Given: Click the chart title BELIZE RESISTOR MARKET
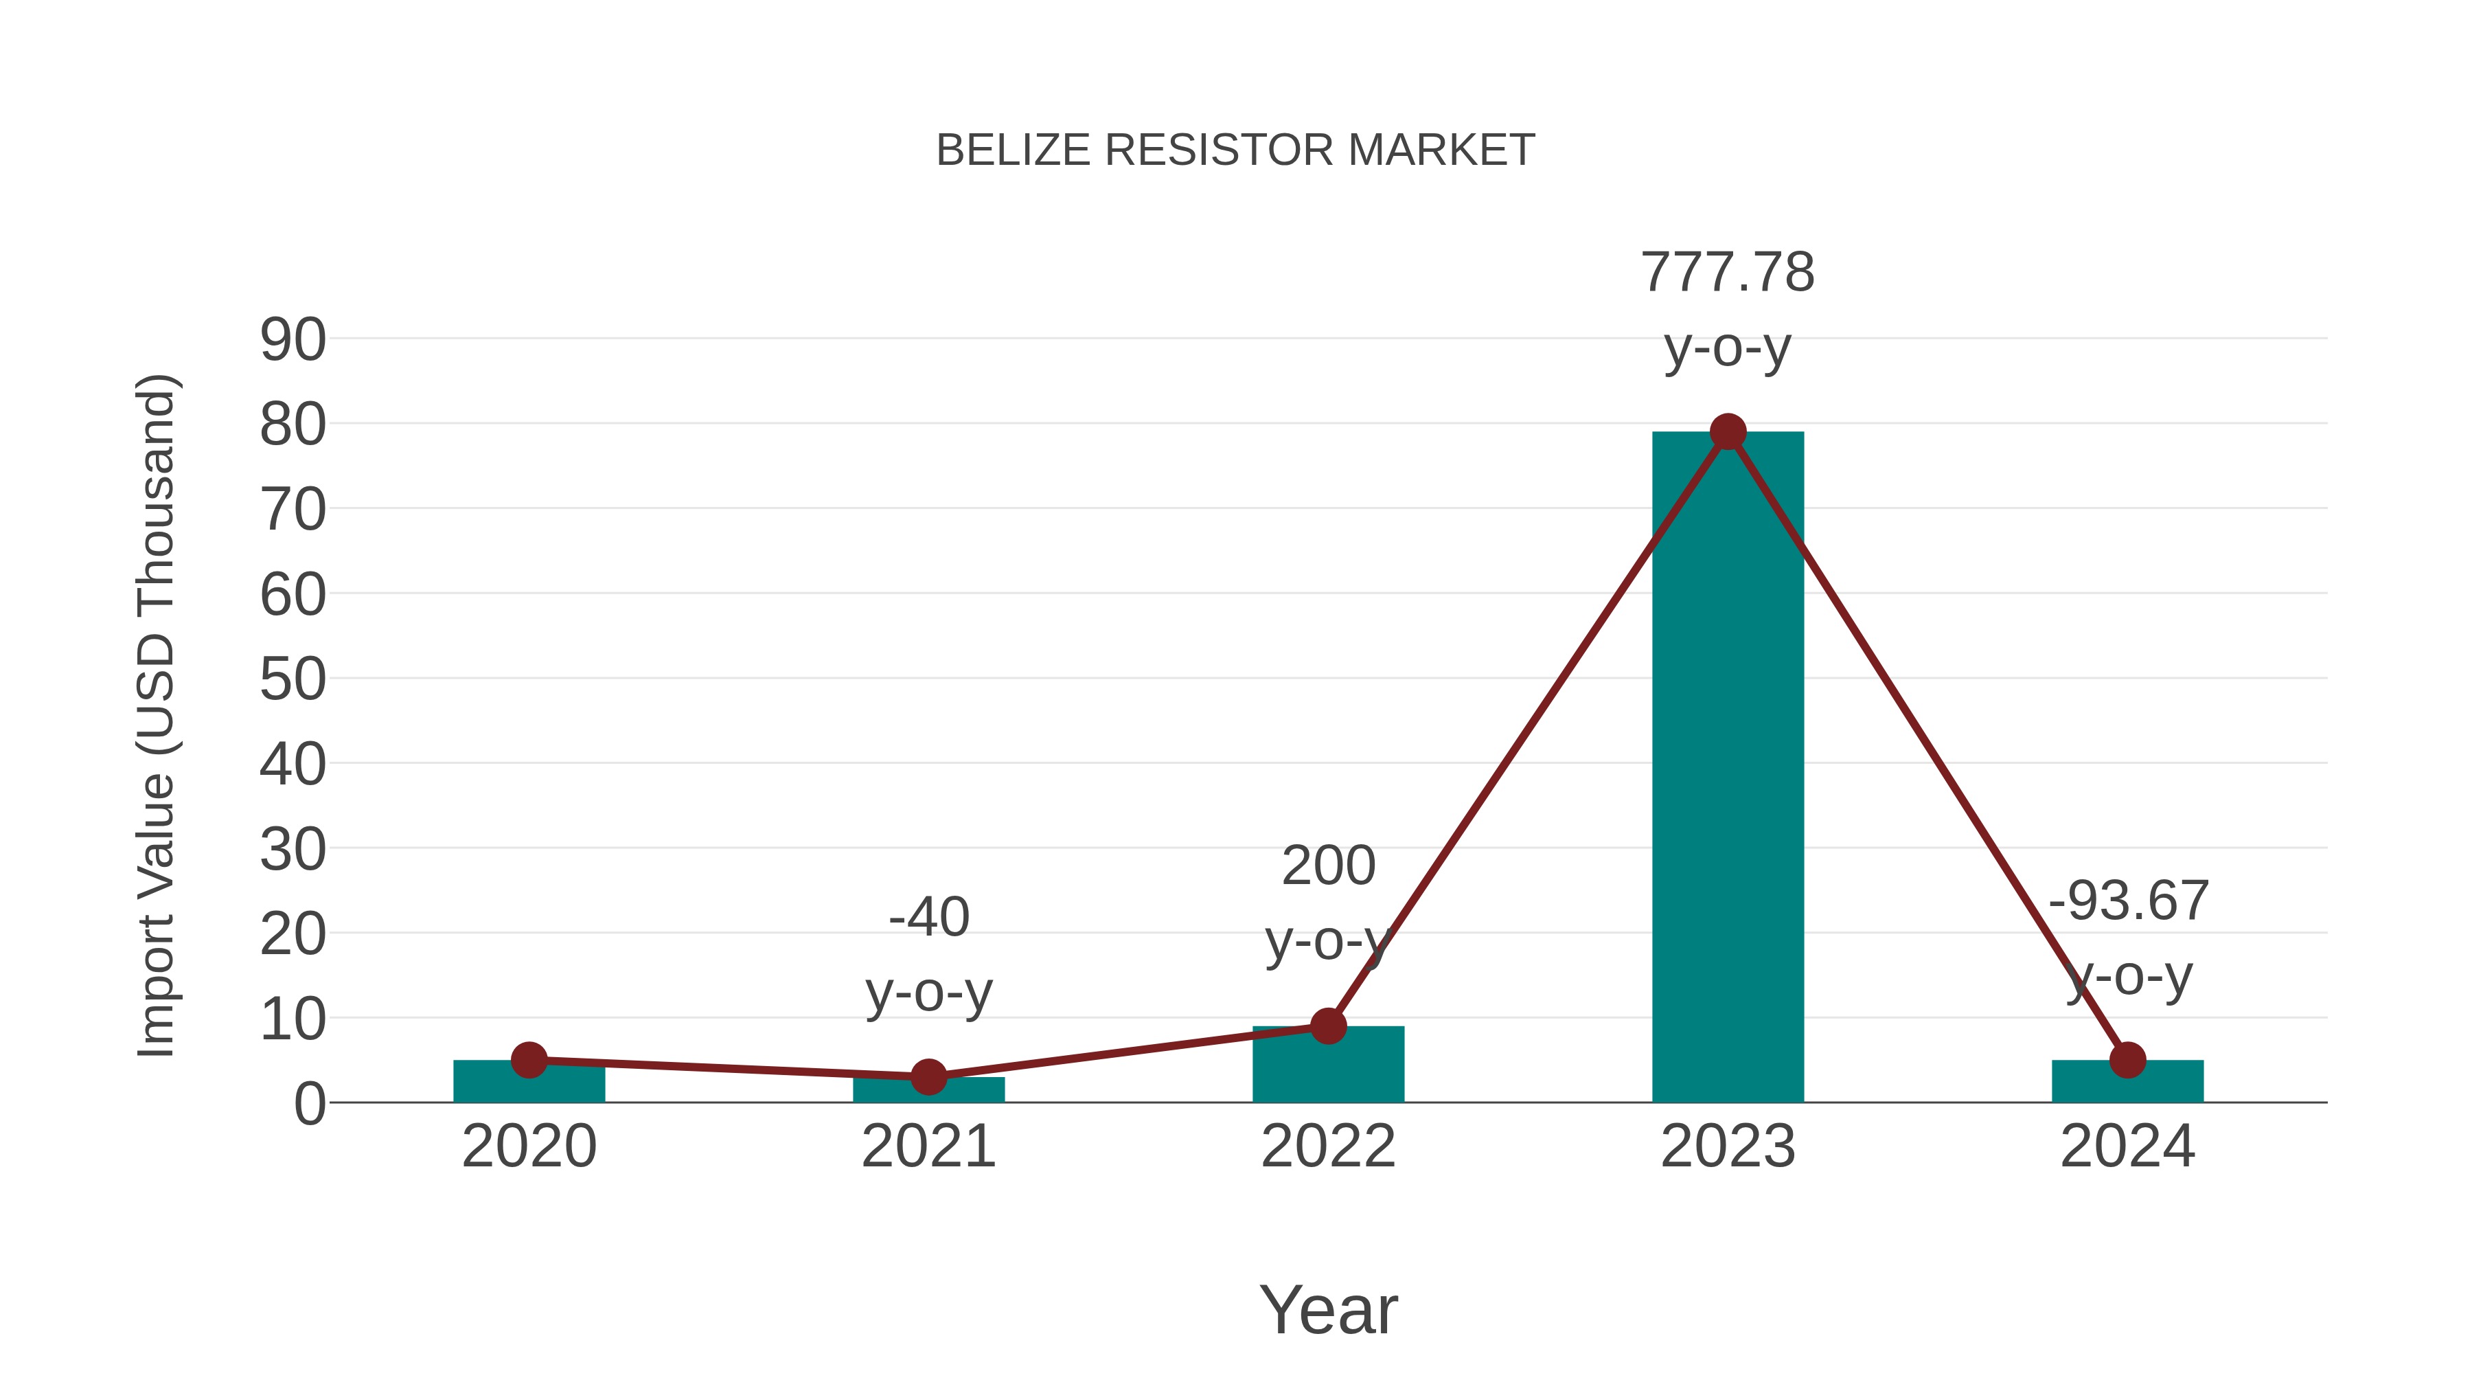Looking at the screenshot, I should (x=1235, y=150).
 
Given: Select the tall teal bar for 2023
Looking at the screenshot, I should (x=1728, y=768).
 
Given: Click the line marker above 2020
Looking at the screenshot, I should (x=529, y=1060).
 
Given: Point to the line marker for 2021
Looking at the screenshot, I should (x=928, y=1077).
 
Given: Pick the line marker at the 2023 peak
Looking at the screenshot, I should (x=1728, y=432).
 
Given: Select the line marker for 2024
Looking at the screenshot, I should (x=2127, y=1060).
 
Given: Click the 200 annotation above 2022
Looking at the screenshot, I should (x=1328, y=866).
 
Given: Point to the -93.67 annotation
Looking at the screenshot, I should (x=2127, y=901).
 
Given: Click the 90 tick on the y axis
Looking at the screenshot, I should (x=293, y=340).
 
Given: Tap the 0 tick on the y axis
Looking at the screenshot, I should (x=309, y=1104).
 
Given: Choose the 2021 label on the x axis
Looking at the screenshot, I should (x=928, y=1146).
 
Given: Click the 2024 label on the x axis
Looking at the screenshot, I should (x=2127, y=1146).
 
